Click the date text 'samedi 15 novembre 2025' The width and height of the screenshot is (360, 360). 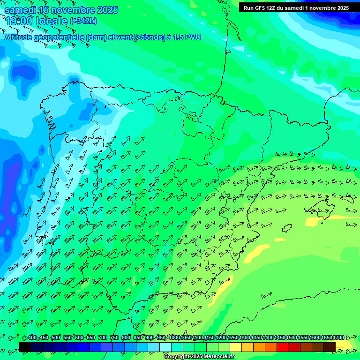pos(61,10)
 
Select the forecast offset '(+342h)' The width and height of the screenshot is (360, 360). pos(83,21)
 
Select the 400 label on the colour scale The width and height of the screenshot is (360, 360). pos(32,337)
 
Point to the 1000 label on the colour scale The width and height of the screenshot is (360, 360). pos(174,337)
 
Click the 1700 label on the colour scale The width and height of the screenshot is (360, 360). pos(338,337)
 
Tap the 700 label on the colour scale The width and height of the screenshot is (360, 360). pos(103,337)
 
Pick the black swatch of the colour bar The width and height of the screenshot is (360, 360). pos(25,347)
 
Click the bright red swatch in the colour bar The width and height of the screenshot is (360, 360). pos(282,347)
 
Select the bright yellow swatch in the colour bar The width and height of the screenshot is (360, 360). pos(235,347)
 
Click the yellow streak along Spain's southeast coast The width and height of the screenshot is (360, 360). pos(223,287)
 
